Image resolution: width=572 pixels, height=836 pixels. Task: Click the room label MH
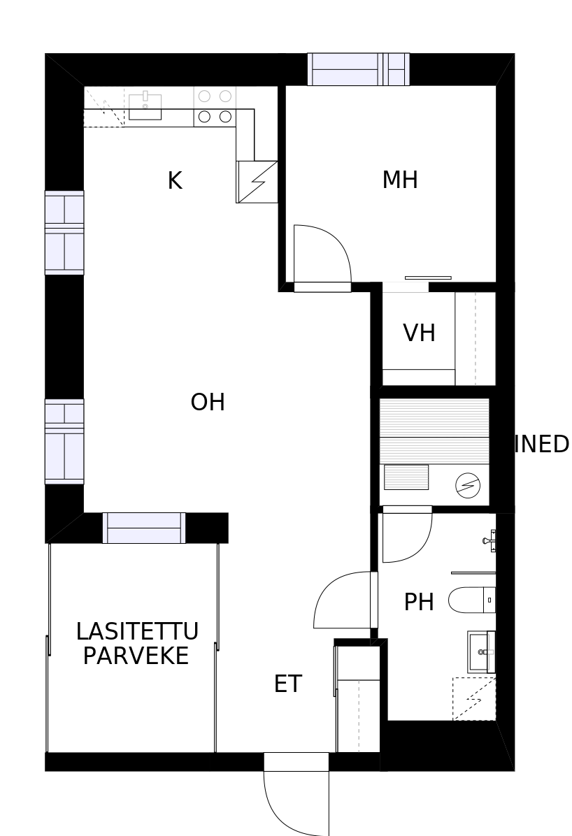point(400,180)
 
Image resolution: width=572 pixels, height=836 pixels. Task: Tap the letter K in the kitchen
point(174,181)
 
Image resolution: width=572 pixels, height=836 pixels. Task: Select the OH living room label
point(208,403)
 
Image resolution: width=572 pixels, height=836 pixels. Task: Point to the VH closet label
point(419,333)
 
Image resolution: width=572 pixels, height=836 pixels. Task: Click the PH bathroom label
point(419,602)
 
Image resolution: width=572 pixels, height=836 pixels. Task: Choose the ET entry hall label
point(287,684)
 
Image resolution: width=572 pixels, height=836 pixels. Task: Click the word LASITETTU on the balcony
point(137,631)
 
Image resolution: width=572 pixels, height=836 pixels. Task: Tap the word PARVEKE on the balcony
point(136,656)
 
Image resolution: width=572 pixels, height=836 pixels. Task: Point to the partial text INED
point(542,445)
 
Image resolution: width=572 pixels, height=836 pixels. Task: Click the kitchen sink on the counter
point(145,106)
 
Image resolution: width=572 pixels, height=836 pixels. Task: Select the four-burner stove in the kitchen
point(215,106)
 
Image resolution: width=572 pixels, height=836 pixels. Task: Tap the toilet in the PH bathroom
point(471,600)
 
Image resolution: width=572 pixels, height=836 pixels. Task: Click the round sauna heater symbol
point(468,485)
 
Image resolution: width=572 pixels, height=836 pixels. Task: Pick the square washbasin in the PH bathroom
point(480,651)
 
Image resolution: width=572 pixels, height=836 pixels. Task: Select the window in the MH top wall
point(358,69)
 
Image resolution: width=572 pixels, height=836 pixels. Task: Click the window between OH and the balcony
point(143,528)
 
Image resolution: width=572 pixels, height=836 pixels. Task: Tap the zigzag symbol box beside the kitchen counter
point(257,182)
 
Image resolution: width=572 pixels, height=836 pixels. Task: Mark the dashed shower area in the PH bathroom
point(473,698)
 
